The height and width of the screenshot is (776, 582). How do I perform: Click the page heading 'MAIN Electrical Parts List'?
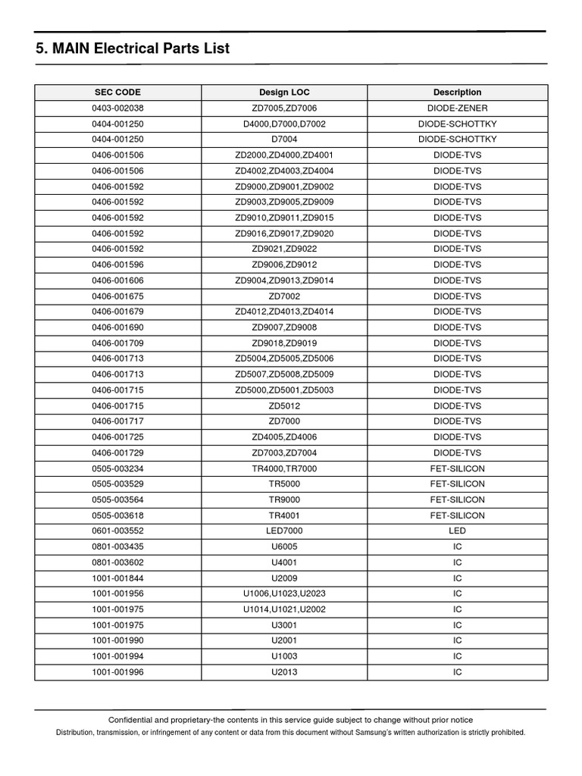pos(133,49)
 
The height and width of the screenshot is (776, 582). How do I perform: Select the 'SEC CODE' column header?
pos(117,92)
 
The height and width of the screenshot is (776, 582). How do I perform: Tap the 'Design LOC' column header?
pos(284,92)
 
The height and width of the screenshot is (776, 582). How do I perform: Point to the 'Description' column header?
pos(457,92)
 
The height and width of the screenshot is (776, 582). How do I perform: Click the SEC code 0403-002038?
pos(117,108)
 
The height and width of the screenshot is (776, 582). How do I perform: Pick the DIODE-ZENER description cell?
pos(457,108)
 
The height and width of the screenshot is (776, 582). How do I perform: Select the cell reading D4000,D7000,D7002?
pos(284,124)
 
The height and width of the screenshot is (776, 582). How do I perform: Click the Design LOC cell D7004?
pos(284,139)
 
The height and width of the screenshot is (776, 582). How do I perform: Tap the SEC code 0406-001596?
pos(117,264)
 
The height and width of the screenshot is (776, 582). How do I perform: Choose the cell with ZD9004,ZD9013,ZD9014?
pos(284,280)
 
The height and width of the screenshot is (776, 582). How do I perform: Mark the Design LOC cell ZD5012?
pos(284,405)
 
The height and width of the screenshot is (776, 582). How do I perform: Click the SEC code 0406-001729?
pos(117,452)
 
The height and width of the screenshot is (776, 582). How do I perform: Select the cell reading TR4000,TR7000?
pos(284,468)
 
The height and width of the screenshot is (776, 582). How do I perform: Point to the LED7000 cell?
pos(284,531)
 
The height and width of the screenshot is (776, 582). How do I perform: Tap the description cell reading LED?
pos(457,531)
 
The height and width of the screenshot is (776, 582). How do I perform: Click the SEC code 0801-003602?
pos(117,562)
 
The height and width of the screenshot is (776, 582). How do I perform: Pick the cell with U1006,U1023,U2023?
pos(284,593)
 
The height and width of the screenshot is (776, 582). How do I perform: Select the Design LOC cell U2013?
pos(284,672)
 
